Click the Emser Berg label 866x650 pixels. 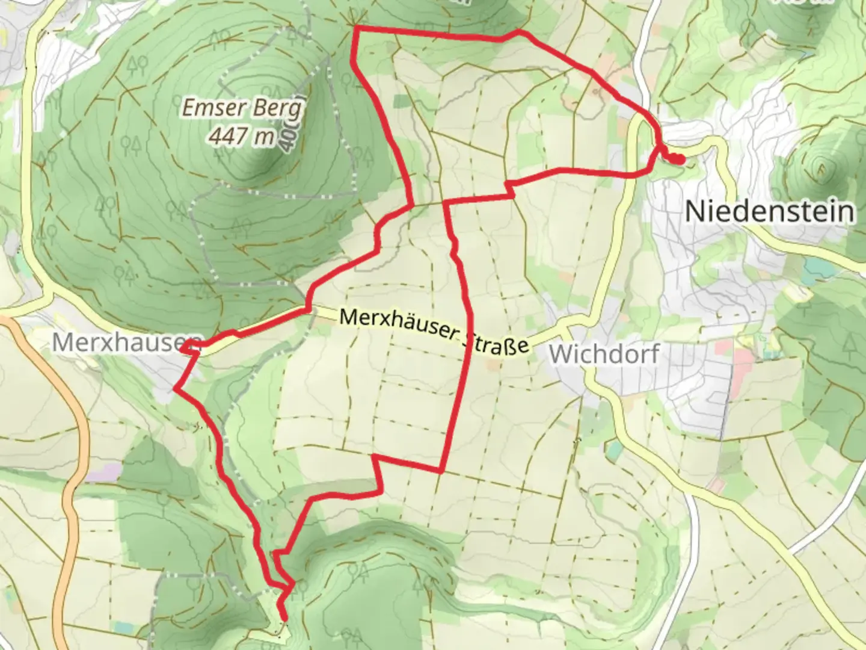point(242,109)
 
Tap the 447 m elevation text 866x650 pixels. point(241,137)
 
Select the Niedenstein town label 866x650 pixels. point(769,211)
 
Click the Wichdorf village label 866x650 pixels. point(604,354)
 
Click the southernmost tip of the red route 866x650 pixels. point(283,617)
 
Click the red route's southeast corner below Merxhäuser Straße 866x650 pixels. point(441,471)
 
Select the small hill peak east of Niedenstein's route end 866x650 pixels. point(820,164)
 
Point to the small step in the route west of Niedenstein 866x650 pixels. point(510,188)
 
